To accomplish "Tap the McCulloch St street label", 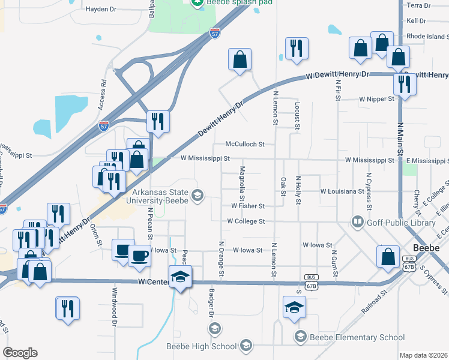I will coord(245,144).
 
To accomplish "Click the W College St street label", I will coord(246,221).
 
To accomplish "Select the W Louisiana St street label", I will coord(343,191).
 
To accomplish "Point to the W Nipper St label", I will coord(376,99).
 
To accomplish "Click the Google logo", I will coord(20,353).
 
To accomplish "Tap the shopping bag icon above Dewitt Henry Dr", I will coord(240,59).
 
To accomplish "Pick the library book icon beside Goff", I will coord(358,222).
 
